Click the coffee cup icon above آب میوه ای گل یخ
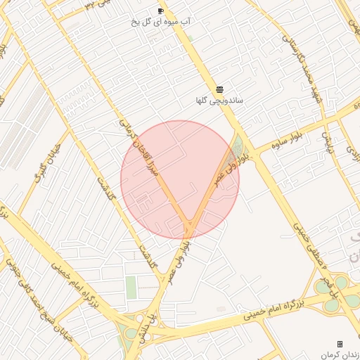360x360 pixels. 160,11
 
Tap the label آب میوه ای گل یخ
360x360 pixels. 160,22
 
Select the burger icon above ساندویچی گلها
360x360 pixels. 220,89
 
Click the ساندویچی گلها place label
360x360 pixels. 219,101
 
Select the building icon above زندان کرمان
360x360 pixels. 340,344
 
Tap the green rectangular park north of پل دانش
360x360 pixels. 131,287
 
